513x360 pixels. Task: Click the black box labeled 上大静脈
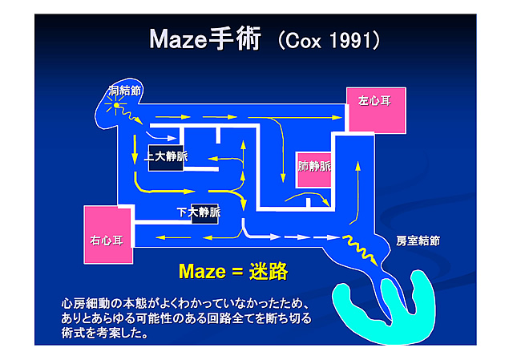(165, 156)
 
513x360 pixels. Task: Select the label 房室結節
(418, 241)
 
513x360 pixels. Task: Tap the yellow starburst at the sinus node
(117, 106)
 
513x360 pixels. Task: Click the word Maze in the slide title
(178, 40)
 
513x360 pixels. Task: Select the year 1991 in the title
(345, 41)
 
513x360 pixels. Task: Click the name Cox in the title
(301, 41)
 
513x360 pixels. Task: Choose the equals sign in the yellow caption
(236, 272)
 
